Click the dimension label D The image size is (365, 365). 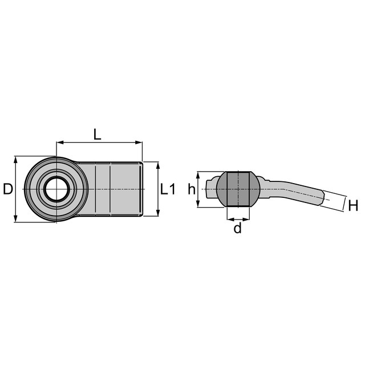pyautogui.click(x=8, y=189)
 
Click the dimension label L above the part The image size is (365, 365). pyautogui.click(x=98, y=135)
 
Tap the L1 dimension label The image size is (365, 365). pyautogui.click(x=168, y=189)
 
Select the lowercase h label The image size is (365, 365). pyautogui.click(x=192, y=189)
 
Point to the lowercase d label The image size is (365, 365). pyautogui.click(x=238, y=228)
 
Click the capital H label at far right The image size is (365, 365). pyautogui.click(x=353, y=206)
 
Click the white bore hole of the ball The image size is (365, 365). pyautogui.click(x=56, y=189)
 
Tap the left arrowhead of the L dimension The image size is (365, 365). pyautogui.click(x=60, y=142)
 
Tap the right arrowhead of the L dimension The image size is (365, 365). pyautogui.click(x=139, y=142)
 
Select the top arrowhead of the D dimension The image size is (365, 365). pyautogui.click(x=15, y=160)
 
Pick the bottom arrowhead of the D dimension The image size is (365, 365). pyautogui.click(x=15, y=218)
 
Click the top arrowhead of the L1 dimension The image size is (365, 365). pyautogui.click(x=158, y=165)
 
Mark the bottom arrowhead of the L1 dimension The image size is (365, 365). pyautogui.click(x=158, y=213)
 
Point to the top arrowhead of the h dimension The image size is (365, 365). pyautogui.click(x=198, y=175)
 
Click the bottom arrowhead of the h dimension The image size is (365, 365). pyautogui.click(x=198, y=204)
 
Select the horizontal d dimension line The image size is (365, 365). pyautogui.click(x=238, y=219)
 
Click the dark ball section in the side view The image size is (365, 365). pyautogui.click(x=238, y=189)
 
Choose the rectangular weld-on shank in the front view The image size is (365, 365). pyautogui.click(x=109, y=189)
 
